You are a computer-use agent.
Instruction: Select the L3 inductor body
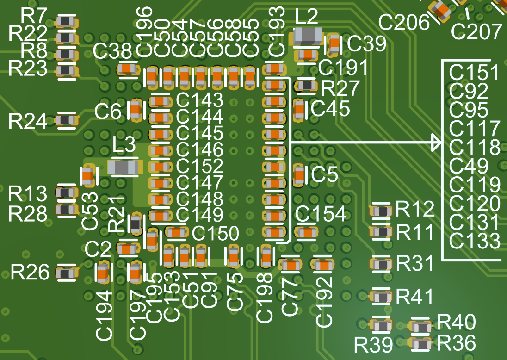[x=123, y=167]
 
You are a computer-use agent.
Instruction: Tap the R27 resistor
[x=307, y=86]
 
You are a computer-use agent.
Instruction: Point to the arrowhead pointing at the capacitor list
[x=437, y=142]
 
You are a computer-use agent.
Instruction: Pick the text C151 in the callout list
[x=474, y=73]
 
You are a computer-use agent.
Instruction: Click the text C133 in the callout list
[x=474, y=241]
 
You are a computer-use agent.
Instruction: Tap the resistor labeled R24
[x=67, y=120]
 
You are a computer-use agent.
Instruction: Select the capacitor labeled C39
[x=334, y=44]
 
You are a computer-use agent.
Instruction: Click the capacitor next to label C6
[x=136, y=110]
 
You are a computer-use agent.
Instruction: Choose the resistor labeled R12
[x=383, y=211]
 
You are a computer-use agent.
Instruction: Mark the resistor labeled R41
[x=383, y=297]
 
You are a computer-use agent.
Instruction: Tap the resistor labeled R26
[x=67, y=273]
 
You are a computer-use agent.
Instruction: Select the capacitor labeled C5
[x=300, y=174]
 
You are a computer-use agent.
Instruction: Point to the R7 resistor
[x=67, y=21]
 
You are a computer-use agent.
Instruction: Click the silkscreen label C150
[x=215, y=233]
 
